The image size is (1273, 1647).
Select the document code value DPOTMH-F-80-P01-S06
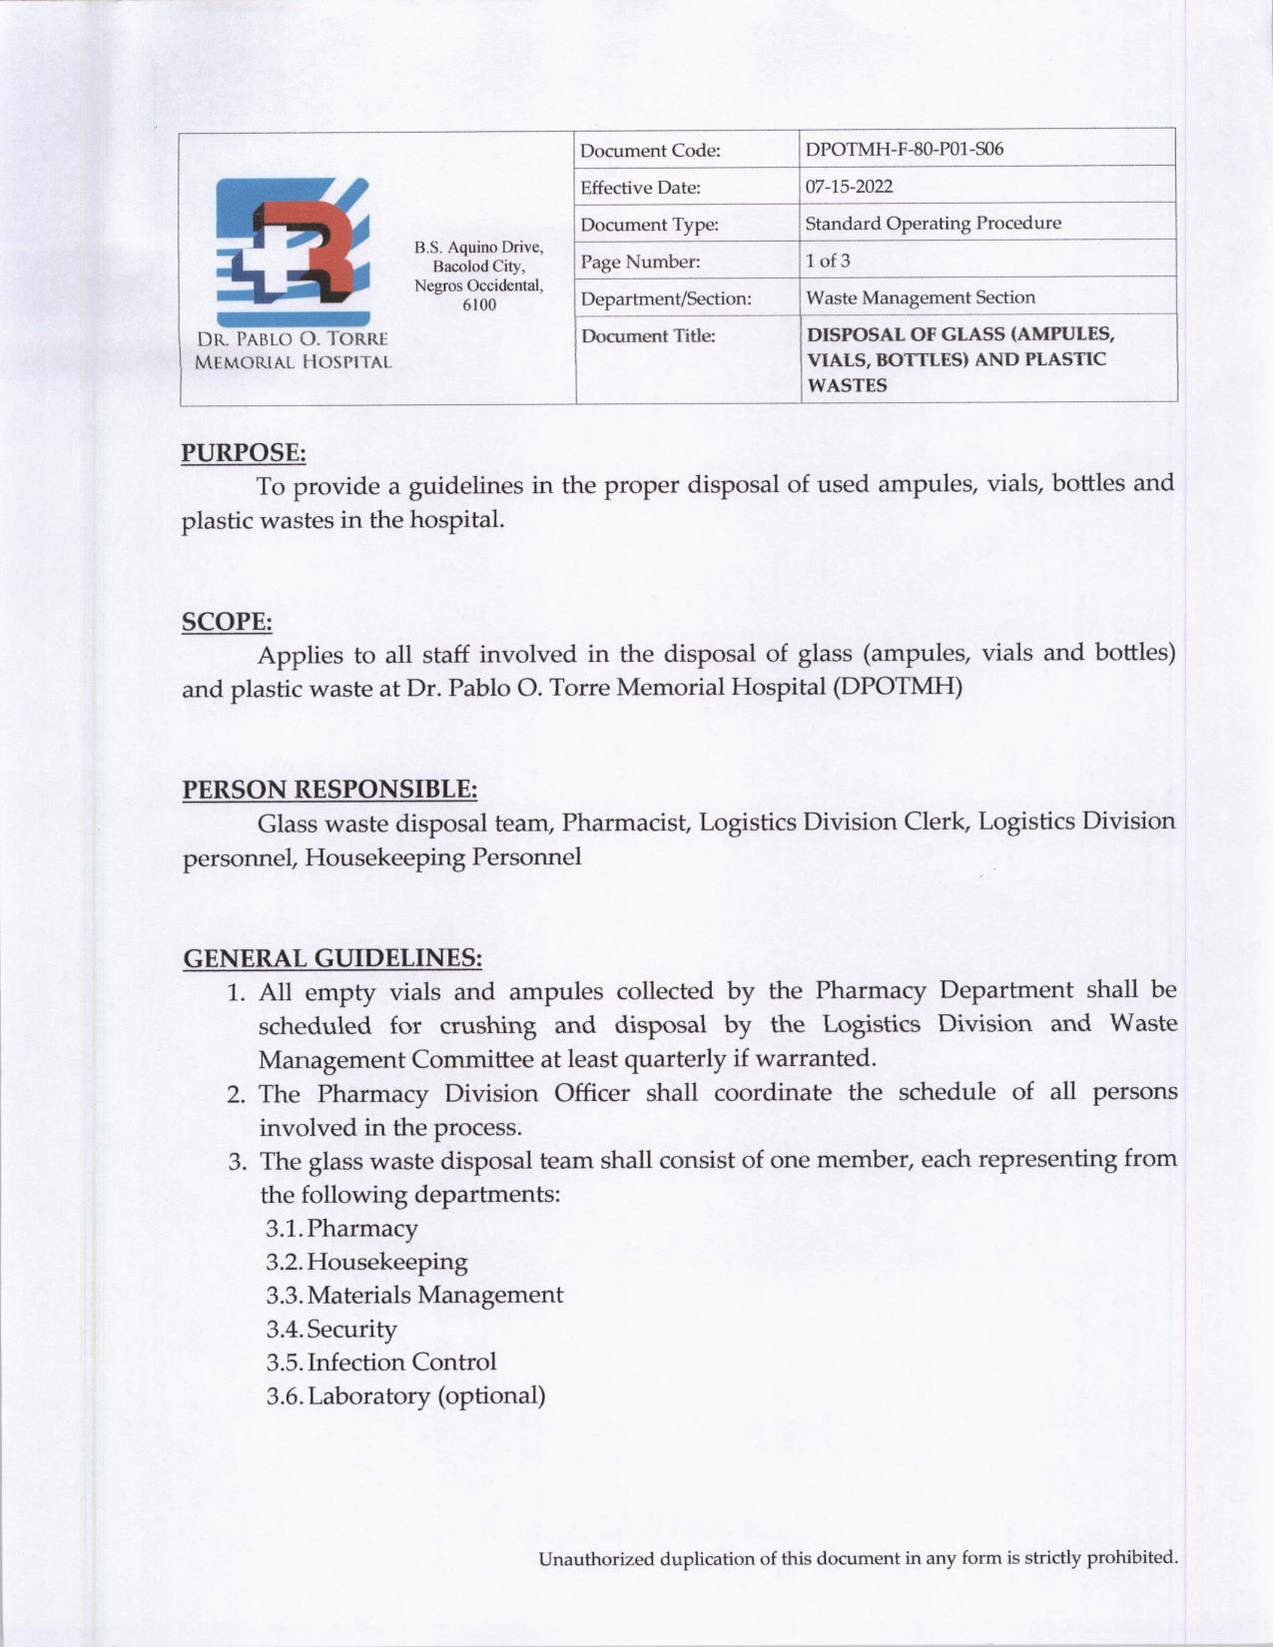click(904, 150)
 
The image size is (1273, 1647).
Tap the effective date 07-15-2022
click(849, 187)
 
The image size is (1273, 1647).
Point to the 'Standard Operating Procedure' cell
click(933, 223)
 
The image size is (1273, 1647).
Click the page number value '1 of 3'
click(828, 261)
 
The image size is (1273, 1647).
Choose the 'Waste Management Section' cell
click(920, 297)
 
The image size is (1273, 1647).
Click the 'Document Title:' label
click(648, 335)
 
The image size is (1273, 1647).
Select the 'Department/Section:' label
click(666, 298)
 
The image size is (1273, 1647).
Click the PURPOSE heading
click(243, 452)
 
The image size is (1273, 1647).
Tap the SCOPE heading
click(227, 621)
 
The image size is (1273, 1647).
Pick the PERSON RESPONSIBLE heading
click(329, 790)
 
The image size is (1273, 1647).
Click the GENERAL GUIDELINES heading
click(332, 958)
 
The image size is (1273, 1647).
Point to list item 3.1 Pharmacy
click(342, 1228)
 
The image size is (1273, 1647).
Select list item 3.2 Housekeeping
click(366, 1262)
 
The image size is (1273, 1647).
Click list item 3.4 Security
click(331, 1329)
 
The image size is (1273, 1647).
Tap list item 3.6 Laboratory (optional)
click(405, 1395)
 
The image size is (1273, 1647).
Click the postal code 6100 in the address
click(479, 304)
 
